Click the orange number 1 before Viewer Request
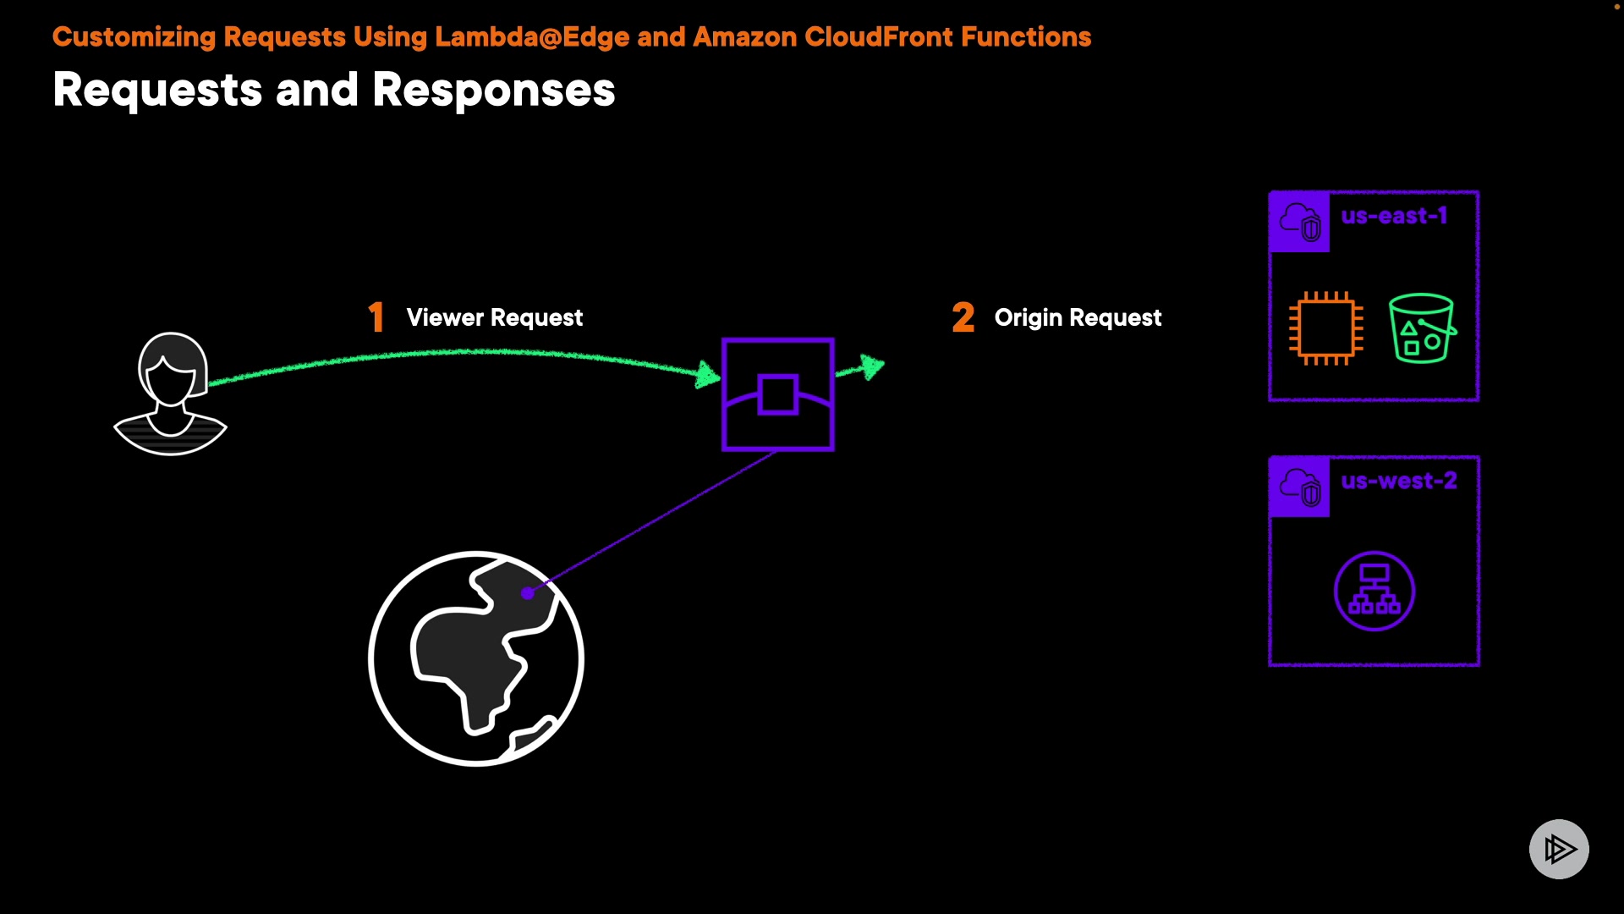pyautogui.click(x=376, y=317)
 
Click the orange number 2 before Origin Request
pyautogui.click(x=963, y=317)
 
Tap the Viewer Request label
pyautogui.click(x=494, y=317)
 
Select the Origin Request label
pyautogui.click(x=1078, y=317)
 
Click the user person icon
pyautogui.click(x=171, y=394)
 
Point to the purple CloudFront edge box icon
pyautogui.click(x=778, y=394)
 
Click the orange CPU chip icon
pyautogui.click(x=1325, y=328)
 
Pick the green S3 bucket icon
pyautogui.click(x=1422, y=328)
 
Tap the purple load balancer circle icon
pyautogui.click(x=1374, y=591)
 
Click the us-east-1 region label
pyautogui.click(x=1394, y=216)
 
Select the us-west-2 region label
pyautogui.click(x=1399, y=481)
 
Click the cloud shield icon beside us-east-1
pyautogui.click(x=1300, y=222)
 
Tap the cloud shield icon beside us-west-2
pyautogui.click(x=1300, y=487)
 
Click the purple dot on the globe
pyautogui.click(x=528, y=593)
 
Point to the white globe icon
pyautogui.click(x=476, y=658)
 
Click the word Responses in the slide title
pyautogui.click(x=494, y=90)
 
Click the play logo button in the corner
pyautogui.click(x=1559, y=849)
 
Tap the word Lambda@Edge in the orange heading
pyautogui.click(x=532, y=37)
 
